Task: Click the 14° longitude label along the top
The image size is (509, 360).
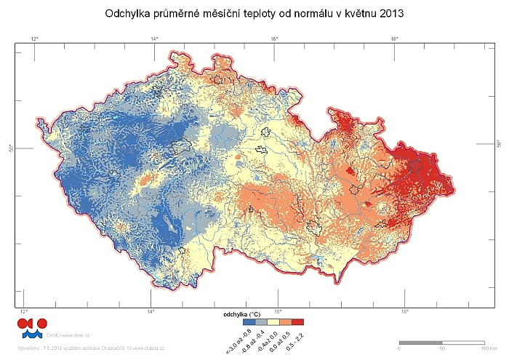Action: (x=155, y=39)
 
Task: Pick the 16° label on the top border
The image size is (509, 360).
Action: (x=274, y=39)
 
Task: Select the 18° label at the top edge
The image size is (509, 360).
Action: (x=394, y=39)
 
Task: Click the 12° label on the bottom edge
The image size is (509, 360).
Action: (x=24, y=312)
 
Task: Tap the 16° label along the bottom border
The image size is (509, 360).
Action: (x=278, y=312)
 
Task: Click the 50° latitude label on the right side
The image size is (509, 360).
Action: (x=498, y=143)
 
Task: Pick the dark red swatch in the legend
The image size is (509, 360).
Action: (x=298, y=321)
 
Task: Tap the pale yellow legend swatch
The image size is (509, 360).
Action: (x=274, y=321)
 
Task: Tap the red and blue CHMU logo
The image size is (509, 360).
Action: (x=32, y=327)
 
